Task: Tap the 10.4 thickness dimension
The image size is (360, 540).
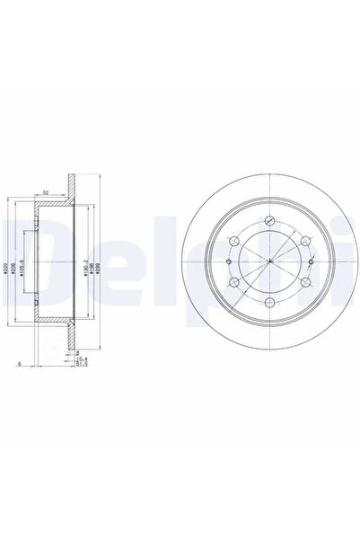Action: coord(80,360)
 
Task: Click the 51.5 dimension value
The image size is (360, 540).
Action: coord(80,366)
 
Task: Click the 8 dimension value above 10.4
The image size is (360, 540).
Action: coord(78,354)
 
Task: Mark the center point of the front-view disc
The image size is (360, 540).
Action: coord(270,261)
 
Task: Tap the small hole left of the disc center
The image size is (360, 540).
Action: coord(230,261)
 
